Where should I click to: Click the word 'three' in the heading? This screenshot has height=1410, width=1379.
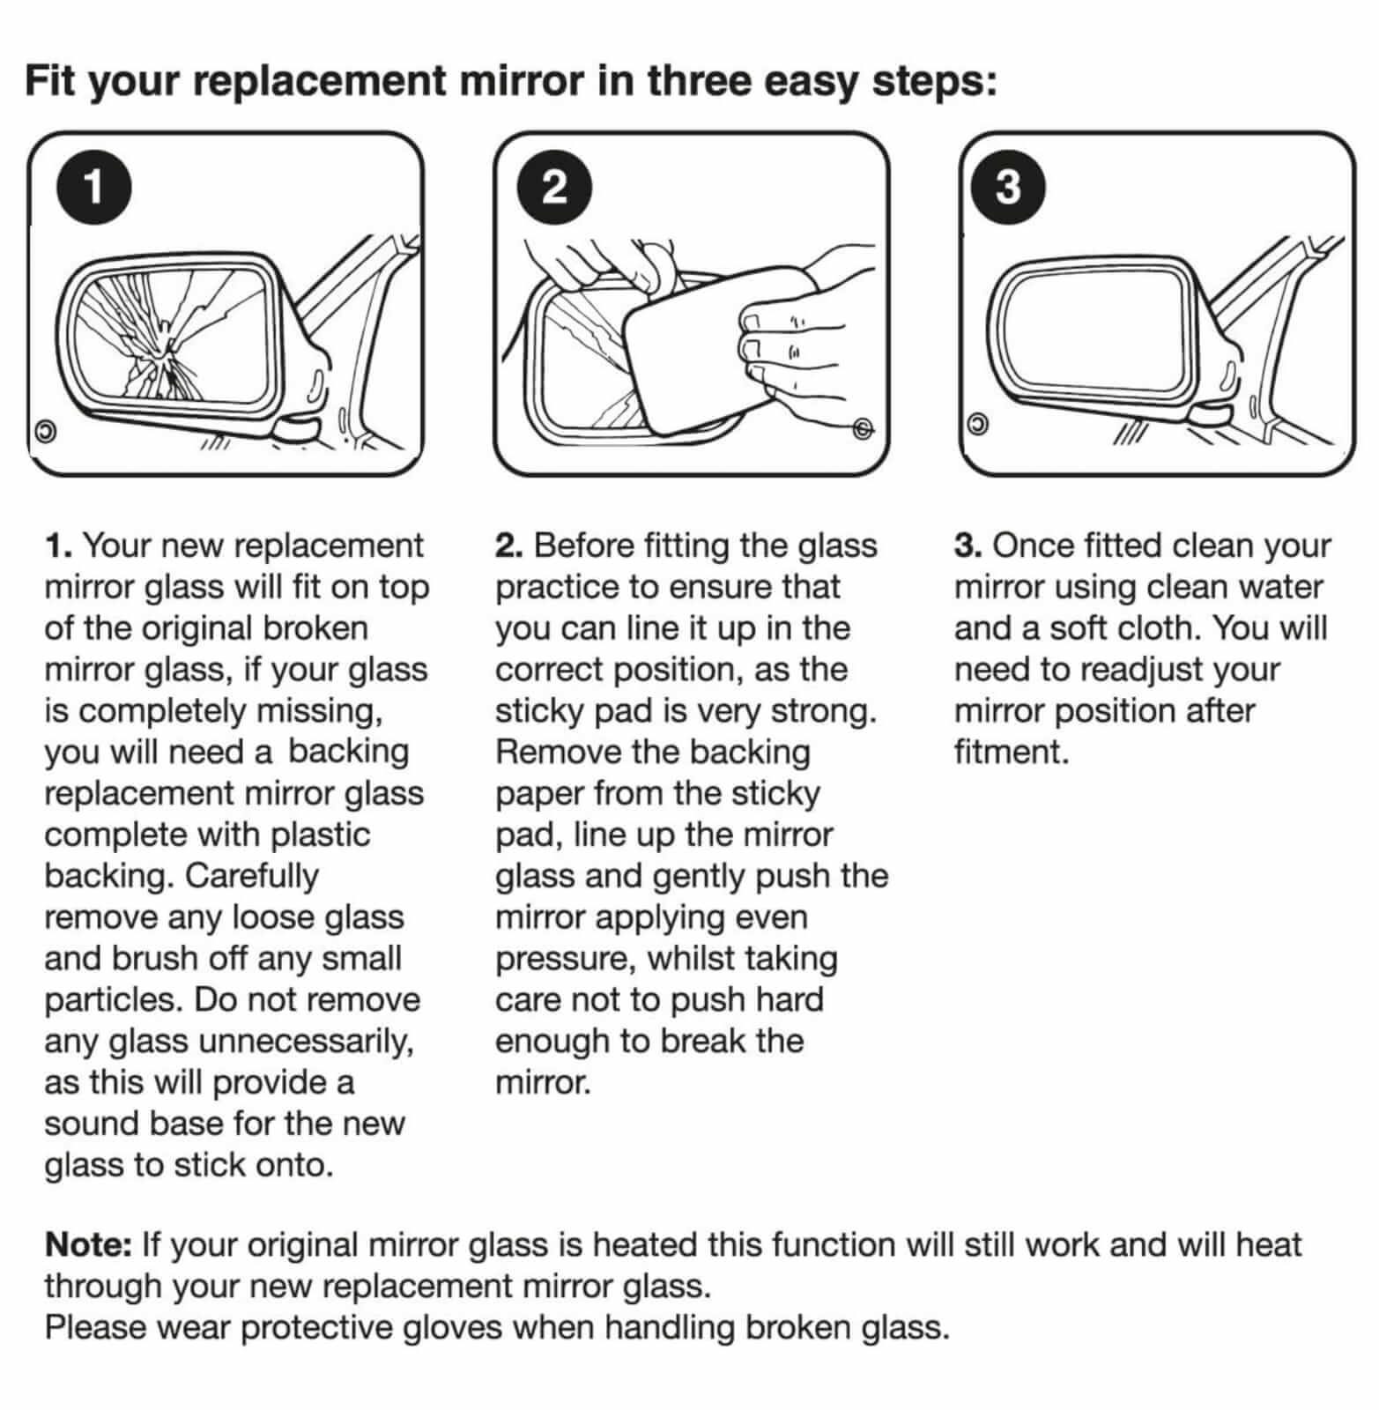tap(698, 81)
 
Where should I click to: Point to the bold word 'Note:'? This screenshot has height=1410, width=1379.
tap(88, 1244)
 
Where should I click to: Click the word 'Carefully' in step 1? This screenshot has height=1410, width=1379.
tap(251, 876)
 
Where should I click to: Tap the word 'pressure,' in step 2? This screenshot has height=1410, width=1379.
tap(566, 960)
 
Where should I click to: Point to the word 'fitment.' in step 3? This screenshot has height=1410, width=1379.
tap(1012, 752)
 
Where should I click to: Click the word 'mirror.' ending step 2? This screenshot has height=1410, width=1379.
tap(543, 1082)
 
